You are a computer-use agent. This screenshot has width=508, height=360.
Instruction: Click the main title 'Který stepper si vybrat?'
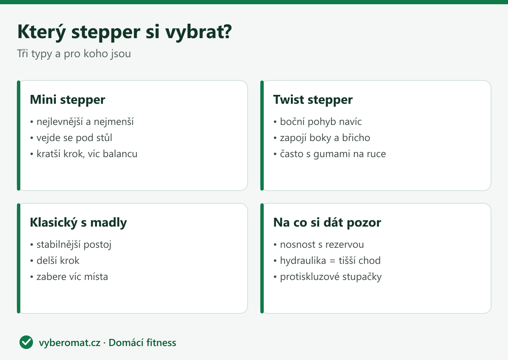click(x=124, y=32)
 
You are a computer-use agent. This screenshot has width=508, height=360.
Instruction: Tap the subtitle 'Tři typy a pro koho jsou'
click(x=74, y=54)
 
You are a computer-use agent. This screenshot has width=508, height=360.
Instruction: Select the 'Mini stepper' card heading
click(x=67, y=100)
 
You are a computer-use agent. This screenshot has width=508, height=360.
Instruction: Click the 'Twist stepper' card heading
click(x=313, y=100)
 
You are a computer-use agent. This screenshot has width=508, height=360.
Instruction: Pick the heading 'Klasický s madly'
click(x=78, y=222)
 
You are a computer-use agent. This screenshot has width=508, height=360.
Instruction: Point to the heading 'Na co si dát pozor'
click(x=327, y=222)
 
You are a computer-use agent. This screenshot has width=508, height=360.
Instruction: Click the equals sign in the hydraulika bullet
click(x=332, y=261)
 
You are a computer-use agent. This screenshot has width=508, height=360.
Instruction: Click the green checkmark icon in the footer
click(x=26, y=342)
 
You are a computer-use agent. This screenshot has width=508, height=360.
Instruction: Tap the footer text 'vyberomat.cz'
click(x=69, y=343)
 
